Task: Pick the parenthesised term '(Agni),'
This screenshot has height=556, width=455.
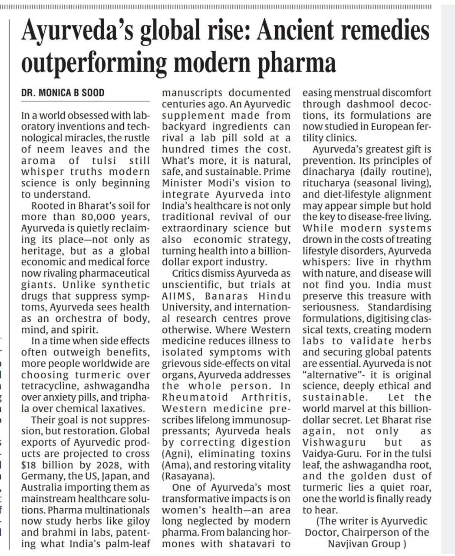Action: [x=178, y=454]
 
